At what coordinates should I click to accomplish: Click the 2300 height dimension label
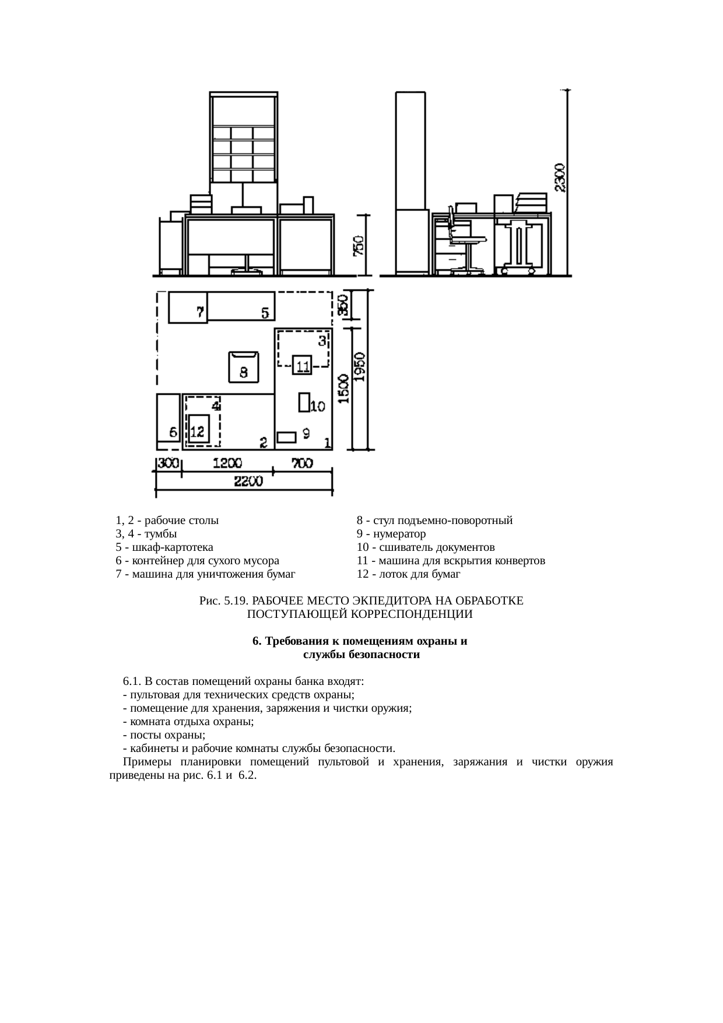(559, 178)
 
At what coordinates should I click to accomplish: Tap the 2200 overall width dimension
(248, 481)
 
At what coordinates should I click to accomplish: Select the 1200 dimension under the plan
(227, 464)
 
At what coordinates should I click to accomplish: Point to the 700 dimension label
(302, 464)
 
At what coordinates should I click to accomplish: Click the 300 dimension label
(169, 464)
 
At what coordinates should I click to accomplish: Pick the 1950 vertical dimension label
(361, 366)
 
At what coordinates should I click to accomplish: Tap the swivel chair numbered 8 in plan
(244, 366)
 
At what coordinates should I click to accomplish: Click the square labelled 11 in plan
(302, 366)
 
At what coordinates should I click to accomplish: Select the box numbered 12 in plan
(198, 431)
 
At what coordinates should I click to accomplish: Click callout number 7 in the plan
(200, 313)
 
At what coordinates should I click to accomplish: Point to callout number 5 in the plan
(265, 314)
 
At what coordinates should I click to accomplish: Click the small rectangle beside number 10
(303, 403)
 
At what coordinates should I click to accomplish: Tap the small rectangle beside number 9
(286, 437)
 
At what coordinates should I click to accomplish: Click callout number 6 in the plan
(173, 433)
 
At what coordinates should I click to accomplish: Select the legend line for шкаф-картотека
(164, 547)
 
